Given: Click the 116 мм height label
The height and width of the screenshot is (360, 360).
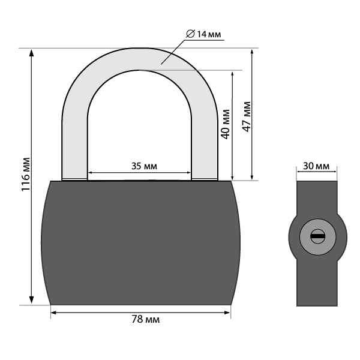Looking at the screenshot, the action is click(x=26, y=174).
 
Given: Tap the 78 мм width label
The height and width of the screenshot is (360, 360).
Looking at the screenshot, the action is click(x=146, y=319).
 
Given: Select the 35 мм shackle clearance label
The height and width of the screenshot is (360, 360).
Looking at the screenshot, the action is click(x=144, y=166).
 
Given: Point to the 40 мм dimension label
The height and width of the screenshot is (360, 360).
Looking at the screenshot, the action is click(x=225, y=124).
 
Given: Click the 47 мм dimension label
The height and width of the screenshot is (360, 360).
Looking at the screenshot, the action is click(x=247, y=116).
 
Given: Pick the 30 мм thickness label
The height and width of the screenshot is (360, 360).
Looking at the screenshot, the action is click(x=316, y=166).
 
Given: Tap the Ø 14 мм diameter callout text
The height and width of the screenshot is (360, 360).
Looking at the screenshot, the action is click(x=203, y=34).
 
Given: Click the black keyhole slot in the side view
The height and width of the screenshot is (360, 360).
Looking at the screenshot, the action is click(x=318, y=236).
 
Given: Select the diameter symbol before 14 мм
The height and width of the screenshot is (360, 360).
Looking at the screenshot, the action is click(x=190, y=34).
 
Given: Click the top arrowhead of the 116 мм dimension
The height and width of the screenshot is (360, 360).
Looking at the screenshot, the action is click(x=31, y=53).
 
